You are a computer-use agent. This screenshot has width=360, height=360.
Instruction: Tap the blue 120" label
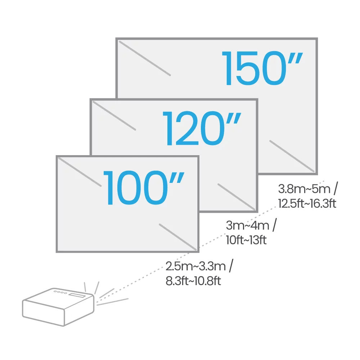[201, 128]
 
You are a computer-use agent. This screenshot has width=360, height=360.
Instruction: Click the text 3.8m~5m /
[308, 189]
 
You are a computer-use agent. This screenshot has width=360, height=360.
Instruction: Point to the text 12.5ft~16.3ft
[307, 204]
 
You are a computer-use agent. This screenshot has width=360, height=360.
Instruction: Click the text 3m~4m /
[251, 226]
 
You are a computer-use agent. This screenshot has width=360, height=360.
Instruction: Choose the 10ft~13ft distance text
[246, 240]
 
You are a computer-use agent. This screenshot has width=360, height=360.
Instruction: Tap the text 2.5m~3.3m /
[199, 266]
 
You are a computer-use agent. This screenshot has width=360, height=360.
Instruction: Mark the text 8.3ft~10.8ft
[193, 281]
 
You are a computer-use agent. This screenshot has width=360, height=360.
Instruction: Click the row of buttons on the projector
[60, 292]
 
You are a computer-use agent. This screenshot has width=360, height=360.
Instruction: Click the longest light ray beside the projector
[113, 301]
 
